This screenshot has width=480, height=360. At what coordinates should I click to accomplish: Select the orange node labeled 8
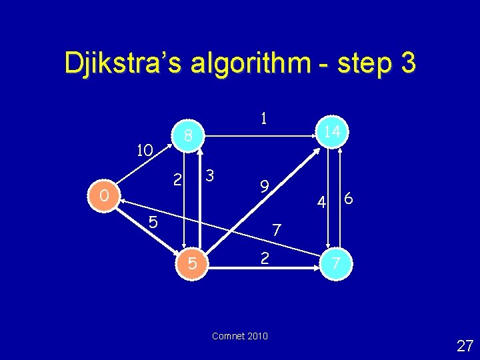[x=189, y=136]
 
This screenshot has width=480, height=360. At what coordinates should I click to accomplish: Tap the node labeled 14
[x=332, y=131]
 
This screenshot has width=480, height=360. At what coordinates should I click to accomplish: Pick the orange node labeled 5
[x=192, y=264]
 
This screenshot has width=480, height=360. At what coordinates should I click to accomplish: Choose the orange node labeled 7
[x=337, y=264]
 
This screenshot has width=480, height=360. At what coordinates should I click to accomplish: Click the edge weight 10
[x=145, y=150]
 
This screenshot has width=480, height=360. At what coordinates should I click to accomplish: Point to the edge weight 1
[x=264, y=119]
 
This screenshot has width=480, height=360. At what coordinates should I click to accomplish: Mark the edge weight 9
[x=264, y=187]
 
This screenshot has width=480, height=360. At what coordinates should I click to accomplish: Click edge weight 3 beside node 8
[x=209, y=176]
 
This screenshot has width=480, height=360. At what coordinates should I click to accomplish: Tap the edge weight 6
[x=349, y=199]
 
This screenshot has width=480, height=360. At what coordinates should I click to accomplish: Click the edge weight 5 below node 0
[x=153, y=223]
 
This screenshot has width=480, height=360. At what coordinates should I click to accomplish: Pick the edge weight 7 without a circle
[x=277, y=231]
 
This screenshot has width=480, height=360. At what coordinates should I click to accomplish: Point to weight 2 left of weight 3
[x=177, y=179]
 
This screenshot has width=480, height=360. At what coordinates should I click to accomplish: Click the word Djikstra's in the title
[x=125, y=63]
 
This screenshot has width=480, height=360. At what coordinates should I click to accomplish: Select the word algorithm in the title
[x=252, y=63]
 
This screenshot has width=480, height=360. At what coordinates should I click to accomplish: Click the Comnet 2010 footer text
[x=239, y=336]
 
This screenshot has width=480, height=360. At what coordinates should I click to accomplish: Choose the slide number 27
[x=465, y=345]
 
